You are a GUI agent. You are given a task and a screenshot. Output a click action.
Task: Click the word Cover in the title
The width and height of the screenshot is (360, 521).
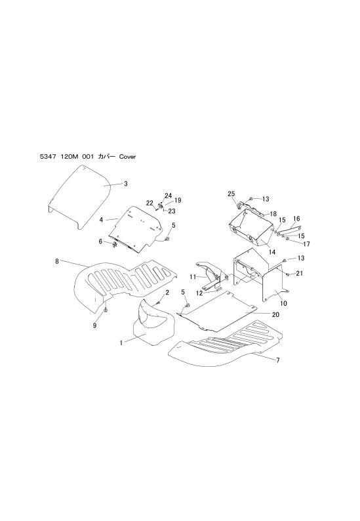coord(127,157)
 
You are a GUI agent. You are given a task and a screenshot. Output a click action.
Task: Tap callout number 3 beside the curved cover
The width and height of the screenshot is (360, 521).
coord(125,184)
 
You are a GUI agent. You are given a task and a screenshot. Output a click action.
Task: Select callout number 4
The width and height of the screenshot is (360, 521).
coord(101,220)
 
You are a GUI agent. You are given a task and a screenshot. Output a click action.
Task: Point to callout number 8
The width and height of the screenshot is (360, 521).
coord(57,261)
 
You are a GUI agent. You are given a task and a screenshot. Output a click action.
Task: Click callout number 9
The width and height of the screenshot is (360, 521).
coord(94,325)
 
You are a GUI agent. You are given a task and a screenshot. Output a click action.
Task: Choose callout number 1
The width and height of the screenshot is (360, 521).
coord(121,343)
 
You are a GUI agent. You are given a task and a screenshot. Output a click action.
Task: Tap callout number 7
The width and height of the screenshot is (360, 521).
coord(278,360)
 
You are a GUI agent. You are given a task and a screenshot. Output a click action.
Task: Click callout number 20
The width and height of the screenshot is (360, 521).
coord(275,314)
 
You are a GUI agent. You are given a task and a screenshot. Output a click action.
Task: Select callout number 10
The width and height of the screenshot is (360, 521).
coord(284,303)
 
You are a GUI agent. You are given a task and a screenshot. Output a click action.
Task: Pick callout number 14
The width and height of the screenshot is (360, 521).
coord(272,252)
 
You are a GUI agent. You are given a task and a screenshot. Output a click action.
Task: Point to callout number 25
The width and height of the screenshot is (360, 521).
coord(231,194)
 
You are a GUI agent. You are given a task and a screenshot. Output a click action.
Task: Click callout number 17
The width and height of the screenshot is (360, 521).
coord(306,244)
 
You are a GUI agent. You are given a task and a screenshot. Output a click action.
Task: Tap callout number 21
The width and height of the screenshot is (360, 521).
coord(299,273)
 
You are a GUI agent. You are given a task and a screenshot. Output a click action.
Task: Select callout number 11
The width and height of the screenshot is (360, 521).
coord(193,276)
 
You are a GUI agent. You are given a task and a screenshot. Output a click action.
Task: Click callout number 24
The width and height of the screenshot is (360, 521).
coord(169,196)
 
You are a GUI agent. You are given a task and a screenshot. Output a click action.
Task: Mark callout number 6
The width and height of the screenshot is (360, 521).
coord(100,241)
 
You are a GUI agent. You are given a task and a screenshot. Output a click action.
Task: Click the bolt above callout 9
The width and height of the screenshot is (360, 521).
coord(106,310)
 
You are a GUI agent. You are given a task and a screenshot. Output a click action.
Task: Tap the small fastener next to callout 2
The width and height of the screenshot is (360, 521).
coord(159,302)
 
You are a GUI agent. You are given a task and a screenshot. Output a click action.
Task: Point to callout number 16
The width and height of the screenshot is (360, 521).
coord(296,219)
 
